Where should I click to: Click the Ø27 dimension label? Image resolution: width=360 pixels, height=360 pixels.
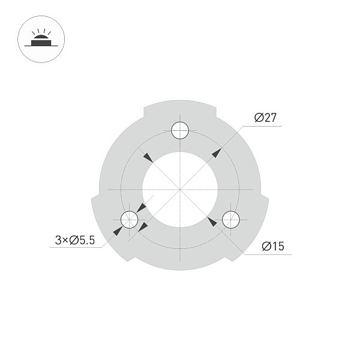(265, 118)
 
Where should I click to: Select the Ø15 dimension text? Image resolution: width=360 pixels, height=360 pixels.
(272, 246)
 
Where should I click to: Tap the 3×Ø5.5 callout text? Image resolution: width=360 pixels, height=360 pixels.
(74, 241)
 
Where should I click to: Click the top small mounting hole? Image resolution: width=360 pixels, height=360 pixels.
(180, 130)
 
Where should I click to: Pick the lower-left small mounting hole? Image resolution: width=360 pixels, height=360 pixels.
(129, 220)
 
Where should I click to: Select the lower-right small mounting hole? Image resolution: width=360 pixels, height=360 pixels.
(231, 220)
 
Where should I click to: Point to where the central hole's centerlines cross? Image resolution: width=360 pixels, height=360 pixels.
(180, 190)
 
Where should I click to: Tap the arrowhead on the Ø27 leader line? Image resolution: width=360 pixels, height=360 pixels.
(216, 153)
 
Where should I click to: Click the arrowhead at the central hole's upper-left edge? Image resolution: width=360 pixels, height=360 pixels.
(146, 157)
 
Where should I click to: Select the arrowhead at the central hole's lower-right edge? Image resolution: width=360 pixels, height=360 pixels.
(212, 221)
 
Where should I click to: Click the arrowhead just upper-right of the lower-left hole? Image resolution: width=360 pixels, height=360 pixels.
(141, 208)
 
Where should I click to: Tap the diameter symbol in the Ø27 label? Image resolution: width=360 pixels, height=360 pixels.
(258, 118)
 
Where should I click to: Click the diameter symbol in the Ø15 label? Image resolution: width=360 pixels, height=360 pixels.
(266, 246)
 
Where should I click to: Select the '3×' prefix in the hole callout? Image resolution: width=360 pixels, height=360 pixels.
(61, 241)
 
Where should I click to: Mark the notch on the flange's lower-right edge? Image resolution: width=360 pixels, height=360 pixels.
(230, 259)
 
